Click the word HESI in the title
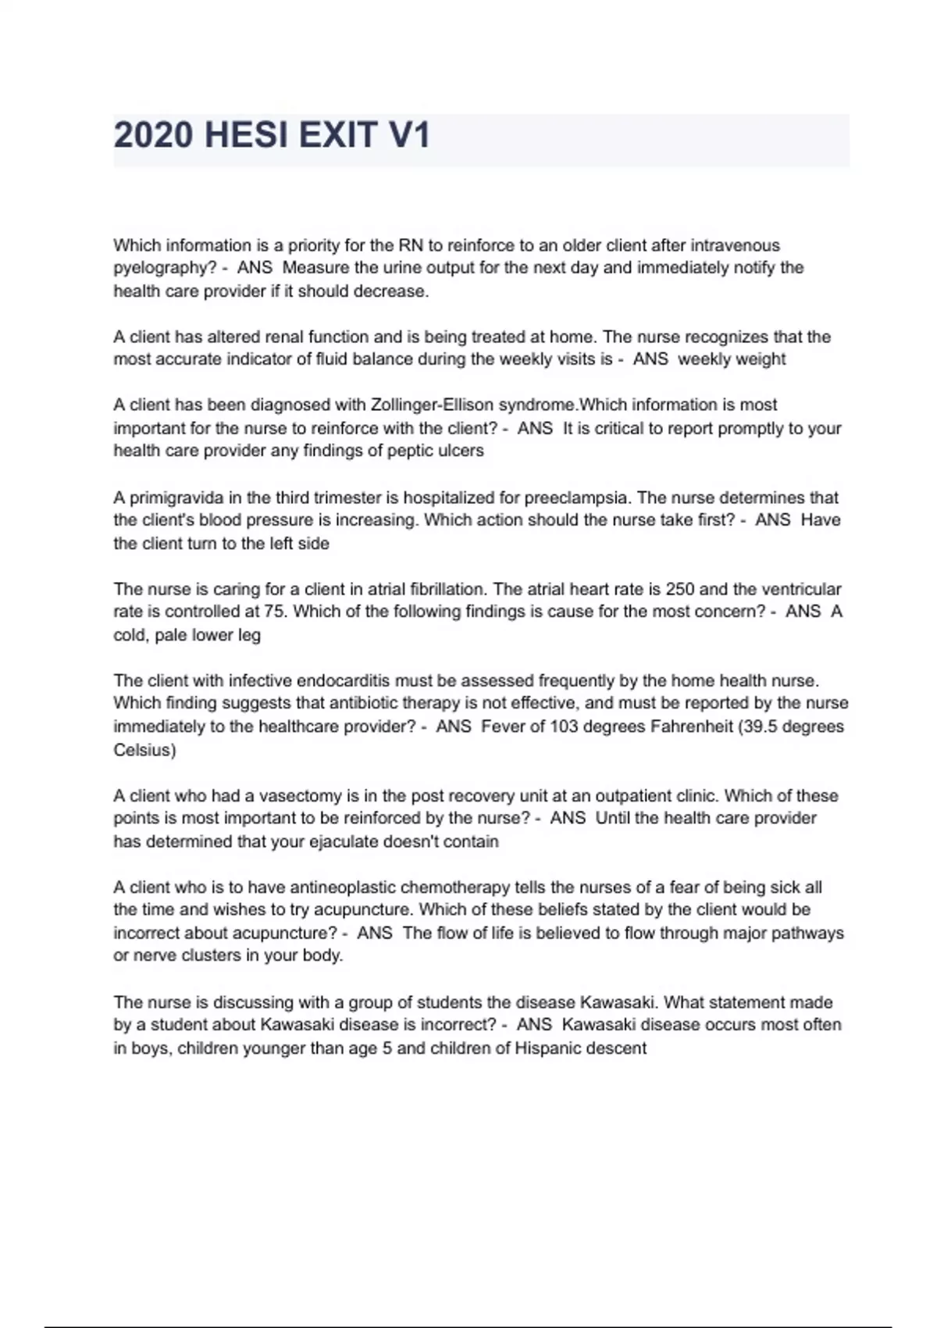click(x=245, y=136)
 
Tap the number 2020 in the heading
click(x=153, y=136)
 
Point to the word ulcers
click(x=461, y=452)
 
